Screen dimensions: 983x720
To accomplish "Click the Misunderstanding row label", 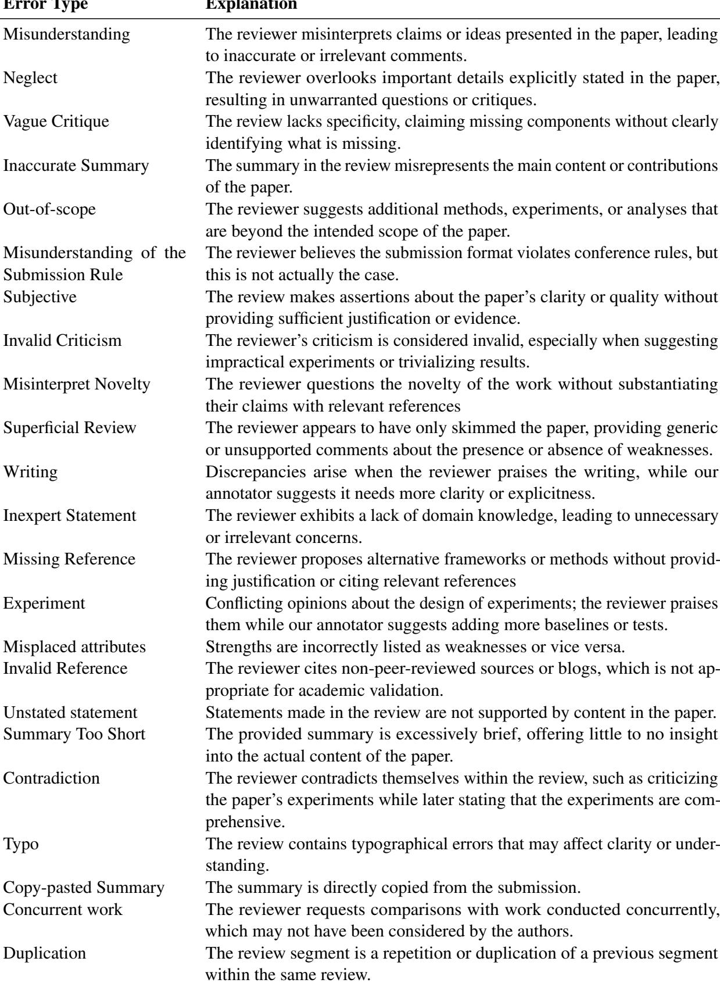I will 67,34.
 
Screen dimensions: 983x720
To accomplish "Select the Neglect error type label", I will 31,78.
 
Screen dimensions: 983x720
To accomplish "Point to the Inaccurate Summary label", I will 76,166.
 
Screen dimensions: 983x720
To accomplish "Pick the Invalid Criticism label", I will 63,341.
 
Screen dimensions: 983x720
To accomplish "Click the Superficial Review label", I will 70,428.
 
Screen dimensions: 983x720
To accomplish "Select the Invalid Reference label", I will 65,669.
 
